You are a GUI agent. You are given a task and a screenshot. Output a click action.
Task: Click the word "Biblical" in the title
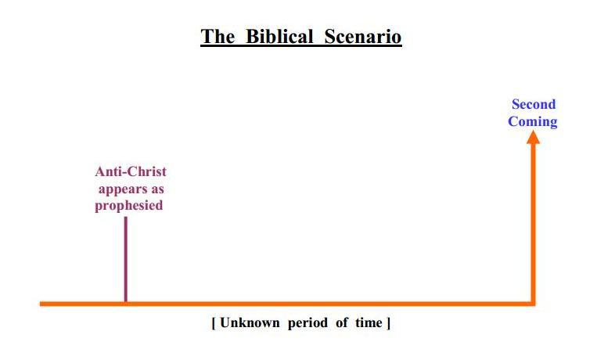(x=279, y=37)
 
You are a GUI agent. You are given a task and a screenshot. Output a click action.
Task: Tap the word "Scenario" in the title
(x=363, y=37)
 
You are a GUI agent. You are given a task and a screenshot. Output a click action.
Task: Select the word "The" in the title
(x=218, y=37)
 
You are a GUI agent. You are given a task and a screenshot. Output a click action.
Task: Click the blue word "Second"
(x=534, y=104)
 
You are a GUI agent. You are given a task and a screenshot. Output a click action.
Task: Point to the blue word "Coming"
(x=532, y=122)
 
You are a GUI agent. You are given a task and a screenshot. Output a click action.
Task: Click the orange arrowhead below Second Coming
(x=533, y=137)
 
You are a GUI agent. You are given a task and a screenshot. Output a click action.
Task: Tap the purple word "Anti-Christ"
(x=131, y=171)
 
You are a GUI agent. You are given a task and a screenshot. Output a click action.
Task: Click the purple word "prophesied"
(x=128, y=206)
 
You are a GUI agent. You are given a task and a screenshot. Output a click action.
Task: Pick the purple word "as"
(x=157, y=189)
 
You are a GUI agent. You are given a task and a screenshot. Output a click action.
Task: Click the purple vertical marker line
(x=126, y=259)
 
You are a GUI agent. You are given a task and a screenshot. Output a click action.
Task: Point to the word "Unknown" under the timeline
(x=250, y=322)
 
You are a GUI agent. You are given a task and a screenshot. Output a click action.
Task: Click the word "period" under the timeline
(x=307, y=323)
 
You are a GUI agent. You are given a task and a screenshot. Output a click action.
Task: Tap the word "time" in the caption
(x=369, y=323)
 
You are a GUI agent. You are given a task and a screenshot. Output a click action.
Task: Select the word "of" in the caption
(x=341, y=322)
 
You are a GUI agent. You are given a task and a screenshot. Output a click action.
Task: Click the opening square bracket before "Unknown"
(x=214, y=323)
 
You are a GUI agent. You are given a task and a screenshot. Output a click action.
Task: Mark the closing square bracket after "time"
(x=388, y=323)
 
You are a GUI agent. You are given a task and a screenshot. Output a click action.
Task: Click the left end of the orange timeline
(x=41, y=304)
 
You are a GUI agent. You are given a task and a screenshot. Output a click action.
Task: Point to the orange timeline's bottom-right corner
(x=535, y=305)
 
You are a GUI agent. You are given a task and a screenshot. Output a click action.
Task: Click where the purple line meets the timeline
(x=126, y=303)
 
